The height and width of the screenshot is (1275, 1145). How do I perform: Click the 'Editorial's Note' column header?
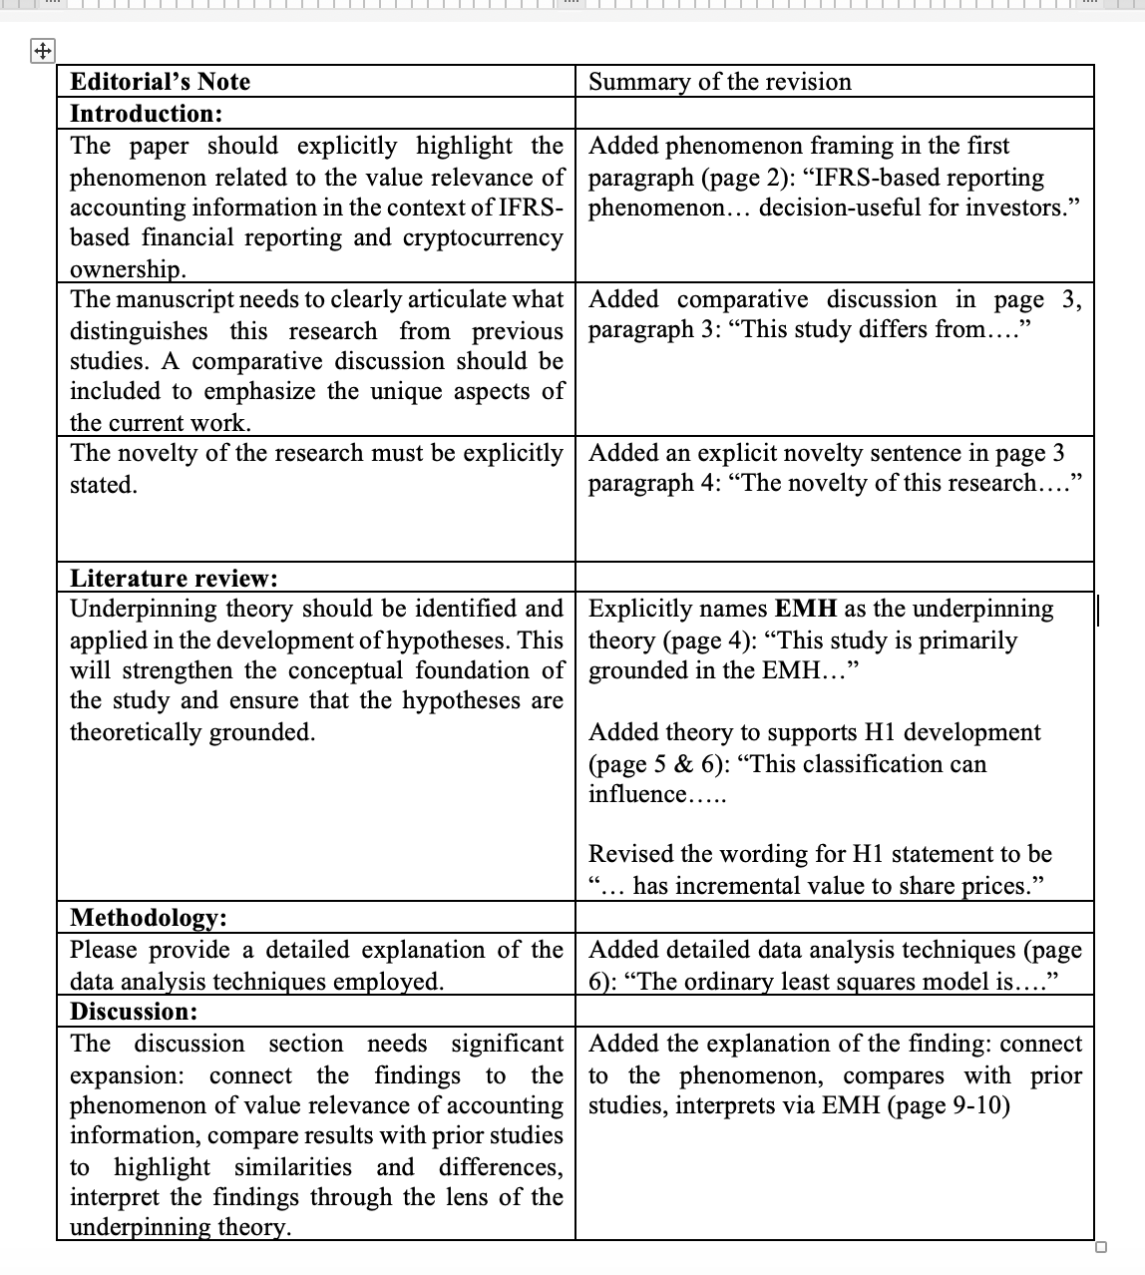coord(160,82)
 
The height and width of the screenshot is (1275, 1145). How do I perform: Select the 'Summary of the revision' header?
coord(720,82)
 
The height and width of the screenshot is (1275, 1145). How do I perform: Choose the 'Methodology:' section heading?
coord(149,917)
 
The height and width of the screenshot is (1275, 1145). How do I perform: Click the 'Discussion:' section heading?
coord(134,1011)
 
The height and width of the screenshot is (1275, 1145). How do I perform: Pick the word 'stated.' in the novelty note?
coord(104,485)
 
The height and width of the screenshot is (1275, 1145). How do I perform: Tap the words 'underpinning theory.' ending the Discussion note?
coord(181,1227)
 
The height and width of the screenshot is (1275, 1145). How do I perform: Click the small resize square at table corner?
coord(1100,1247)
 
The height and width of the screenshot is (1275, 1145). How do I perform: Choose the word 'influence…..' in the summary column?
coord(657,794)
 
